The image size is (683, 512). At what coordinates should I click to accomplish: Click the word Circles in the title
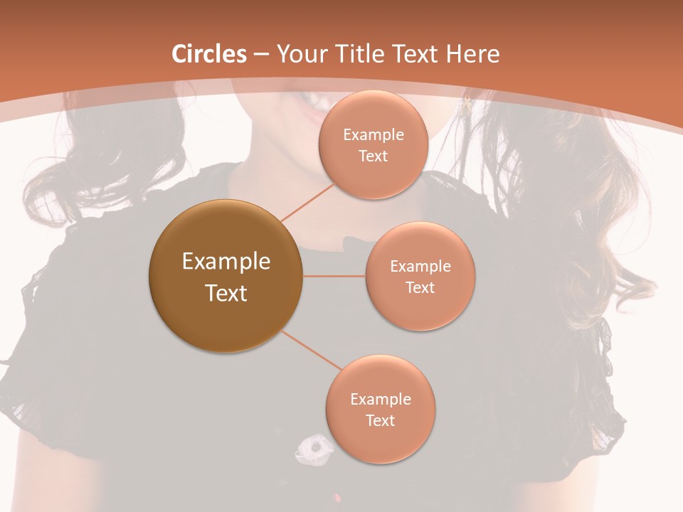(209, 54)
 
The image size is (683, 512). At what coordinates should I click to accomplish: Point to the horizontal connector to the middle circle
(334, 275)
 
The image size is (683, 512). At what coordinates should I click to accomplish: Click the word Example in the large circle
(226, 262)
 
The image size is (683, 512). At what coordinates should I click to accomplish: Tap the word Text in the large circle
(226, 293)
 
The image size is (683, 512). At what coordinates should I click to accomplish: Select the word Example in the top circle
(373, 134)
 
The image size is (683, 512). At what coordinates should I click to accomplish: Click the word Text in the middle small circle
(420, 287)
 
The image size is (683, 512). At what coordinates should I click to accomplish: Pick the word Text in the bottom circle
(380, 420)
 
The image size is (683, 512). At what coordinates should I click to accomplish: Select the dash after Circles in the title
(261, 54)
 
